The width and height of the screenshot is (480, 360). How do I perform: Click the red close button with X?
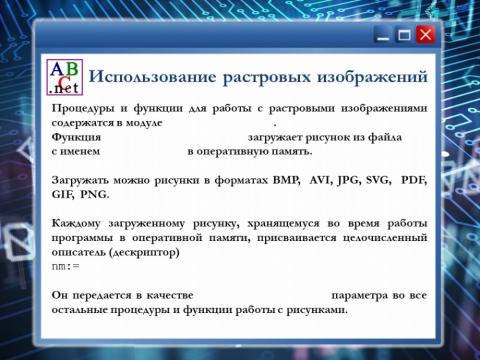coord(425,35)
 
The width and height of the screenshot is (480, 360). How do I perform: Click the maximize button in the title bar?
coord(403,35)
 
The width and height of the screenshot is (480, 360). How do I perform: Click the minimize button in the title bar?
coord(382,36)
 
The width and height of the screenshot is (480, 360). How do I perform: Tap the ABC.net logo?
coord(65,77)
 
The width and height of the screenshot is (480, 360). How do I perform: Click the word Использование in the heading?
coord(151,77)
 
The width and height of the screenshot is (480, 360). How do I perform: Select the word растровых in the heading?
coord(268,77)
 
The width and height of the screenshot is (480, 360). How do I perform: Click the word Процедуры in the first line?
coord(84,108)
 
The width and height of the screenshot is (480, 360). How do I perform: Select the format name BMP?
coord(287,180)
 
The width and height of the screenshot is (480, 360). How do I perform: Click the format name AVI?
coord(321,180)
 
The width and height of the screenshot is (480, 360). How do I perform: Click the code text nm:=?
coord(65,268)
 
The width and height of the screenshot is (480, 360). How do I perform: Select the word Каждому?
coord(79,224)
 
